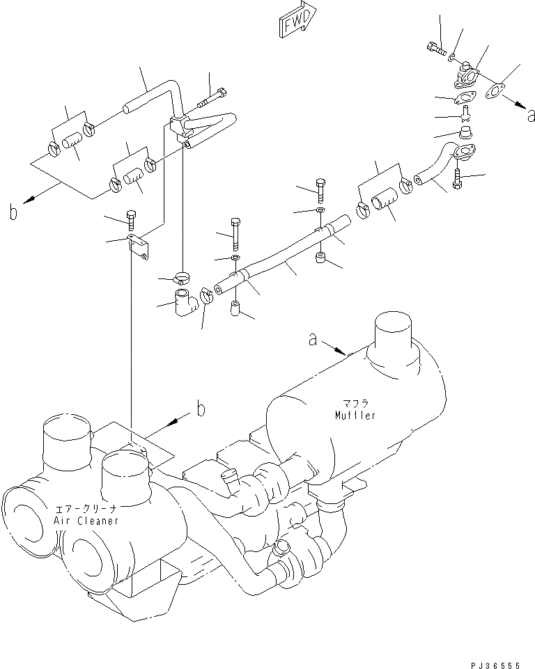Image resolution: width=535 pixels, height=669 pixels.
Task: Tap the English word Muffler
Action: tap(355, 416)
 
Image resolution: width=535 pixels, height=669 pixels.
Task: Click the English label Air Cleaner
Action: tap(86, 521)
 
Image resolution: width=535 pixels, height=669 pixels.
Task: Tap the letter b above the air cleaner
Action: tap(200, 409)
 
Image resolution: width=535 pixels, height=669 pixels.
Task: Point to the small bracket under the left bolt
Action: tap(138, 244)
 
